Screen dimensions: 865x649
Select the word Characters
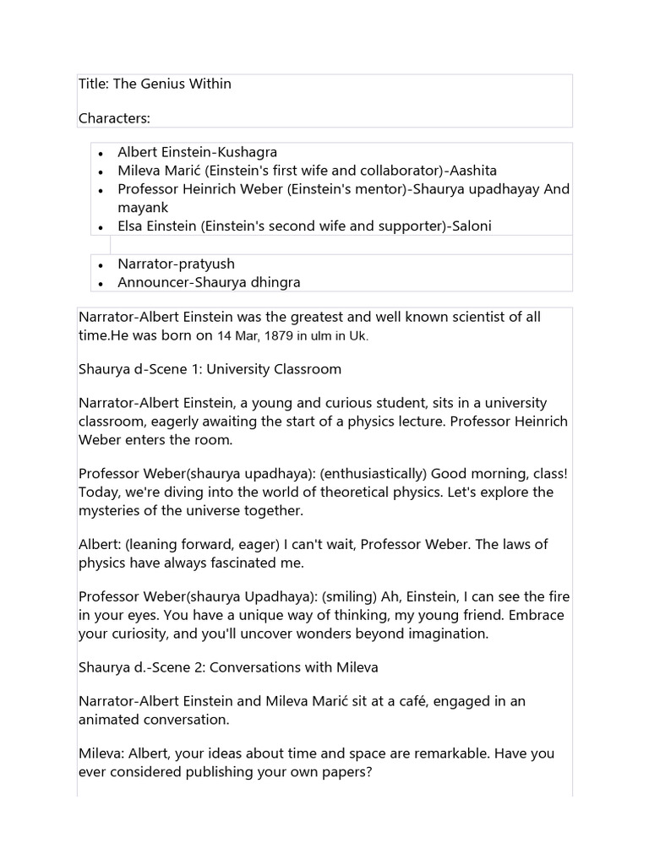pos(114,117)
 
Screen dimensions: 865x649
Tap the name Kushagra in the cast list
pos(248,152)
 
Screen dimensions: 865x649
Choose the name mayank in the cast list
pos(144,207)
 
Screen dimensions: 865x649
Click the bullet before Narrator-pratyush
pos(101,265)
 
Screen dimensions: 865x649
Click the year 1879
pos(274,335)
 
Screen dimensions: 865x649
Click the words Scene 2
pos(181,667)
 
